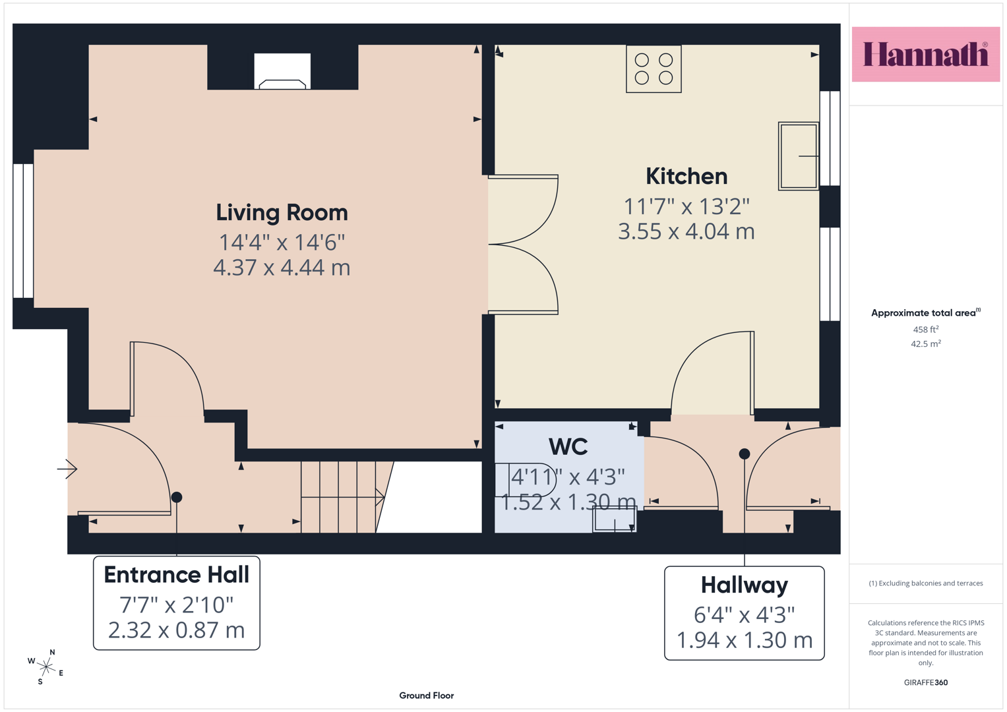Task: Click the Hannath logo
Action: pos(926,54)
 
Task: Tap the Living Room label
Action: pos(282,212)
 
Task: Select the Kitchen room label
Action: pos(687,176)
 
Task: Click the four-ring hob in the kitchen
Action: pos(654,69)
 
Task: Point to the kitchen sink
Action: pos(799,156)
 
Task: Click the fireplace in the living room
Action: pos(282,71)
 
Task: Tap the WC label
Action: pos(568,447)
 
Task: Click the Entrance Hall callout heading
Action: pos(176,575)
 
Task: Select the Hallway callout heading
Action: pos(745,585)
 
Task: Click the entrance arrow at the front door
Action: pos(67,469)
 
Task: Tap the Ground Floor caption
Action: pos(427,696)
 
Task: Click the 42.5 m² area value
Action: pos(926,344)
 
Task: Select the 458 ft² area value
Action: pos(926,330)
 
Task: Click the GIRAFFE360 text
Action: pos(926,682)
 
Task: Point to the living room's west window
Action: pos(23,231)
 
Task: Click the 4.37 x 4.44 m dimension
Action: pos(282,268)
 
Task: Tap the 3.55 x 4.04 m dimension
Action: pos(687,231)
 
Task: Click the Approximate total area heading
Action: pos(926,313)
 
